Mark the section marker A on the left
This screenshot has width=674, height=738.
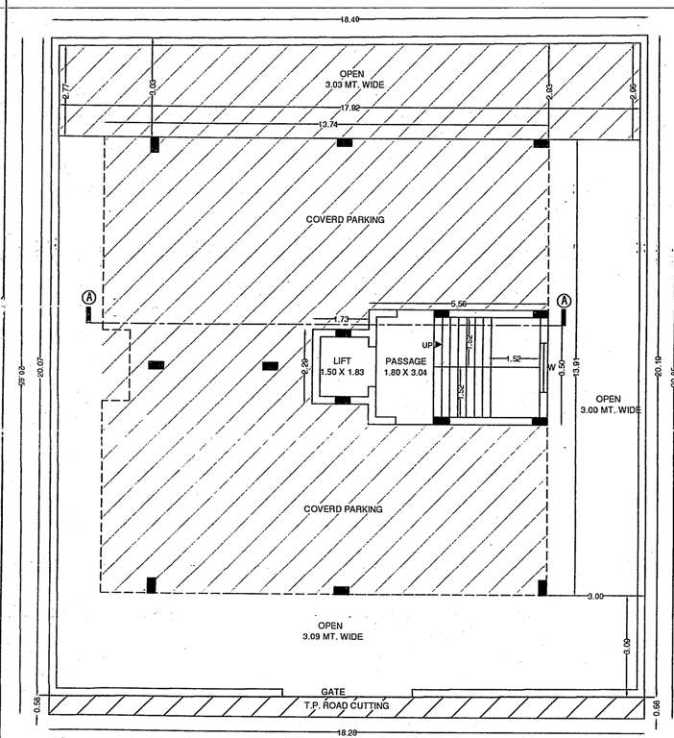click(x=88, y=297)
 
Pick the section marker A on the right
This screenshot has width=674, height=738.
click(x=564, y=300)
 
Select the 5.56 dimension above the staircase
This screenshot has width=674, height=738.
click(x=459, y=304)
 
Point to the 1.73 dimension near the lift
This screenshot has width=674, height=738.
click(x=340, y=318)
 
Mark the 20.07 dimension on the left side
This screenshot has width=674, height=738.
click(x=40, y=365)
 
